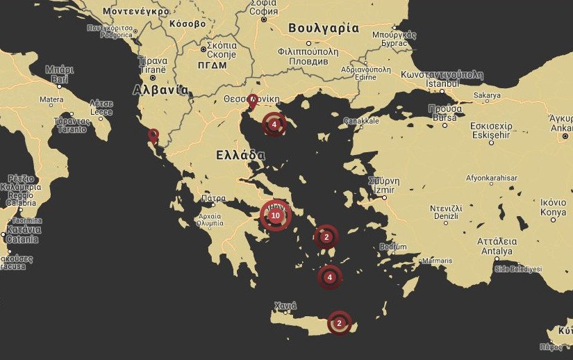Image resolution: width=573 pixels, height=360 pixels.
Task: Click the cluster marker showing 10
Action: coord(275,216)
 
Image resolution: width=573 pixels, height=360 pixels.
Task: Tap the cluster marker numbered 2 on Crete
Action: coord(339,323)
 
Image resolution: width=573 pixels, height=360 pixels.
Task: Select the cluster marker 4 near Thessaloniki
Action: coord(274,124)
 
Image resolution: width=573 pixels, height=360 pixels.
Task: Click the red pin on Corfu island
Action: coord(153,135)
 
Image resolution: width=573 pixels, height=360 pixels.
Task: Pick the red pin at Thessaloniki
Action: coord(252,101)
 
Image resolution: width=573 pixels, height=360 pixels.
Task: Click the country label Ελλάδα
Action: coord(239,155)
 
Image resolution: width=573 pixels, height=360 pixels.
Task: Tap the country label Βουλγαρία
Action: coord(323,28)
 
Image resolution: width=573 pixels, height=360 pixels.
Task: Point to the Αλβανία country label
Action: coord(160,90)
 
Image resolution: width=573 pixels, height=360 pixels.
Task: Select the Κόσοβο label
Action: coord(187,24)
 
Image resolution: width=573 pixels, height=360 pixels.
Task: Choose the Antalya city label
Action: coord(495,251)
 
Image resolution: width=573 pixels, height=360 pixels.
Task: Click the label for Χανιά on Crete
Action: coord(285,305)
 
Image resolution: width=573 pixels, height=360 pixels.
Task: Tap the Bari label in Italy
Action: coord(60,79)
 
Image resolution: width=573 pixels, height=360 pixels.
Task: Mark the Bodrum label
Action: coord(394,246)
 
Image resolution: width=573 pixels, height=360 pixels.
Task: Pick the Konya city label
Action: coord(553,211)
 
